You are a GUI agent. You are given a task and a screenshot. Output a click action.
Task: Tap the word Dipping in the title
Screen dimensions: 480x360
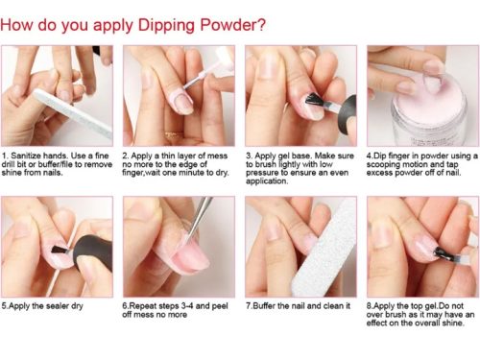pyautogui.click(x=166, y=26)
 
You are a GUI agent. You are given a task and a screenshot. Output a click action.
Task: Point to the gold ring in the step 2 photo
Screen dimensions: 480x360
pyautogui.click(x=173, y=135)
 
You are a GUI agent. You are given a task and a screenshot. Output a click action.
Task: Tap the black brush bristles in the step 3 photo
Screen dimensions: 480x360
pyautogui.click(x=314, y=100)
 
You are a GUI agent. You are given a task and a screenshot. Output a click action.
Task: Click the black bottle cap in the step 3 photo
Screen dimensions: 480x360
pyautogui.click(x=348, y=113)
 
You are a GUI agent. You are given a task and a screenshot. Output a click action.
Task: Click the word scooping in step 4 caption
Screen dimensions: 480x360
pyautogui.click(x=383, y=164)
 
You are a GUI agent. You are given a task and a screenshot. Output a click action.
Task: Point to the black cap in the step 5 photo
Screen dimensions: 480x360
pyautogui.click(x=93, y=252)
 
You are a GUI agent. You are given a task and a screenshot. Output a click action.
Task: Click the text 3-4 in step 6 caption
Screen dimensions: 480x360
pyautogui.click(x=187, y=306)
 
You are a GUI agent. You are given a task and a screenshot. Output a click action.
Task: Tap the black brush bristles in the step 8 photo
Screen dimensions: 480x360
pyautogui.click(x=444, y=253)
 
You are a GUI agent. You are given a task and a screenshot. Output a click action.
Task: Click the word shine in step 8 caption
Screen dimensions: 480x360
pyautogui.click(x=452, y=323)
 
